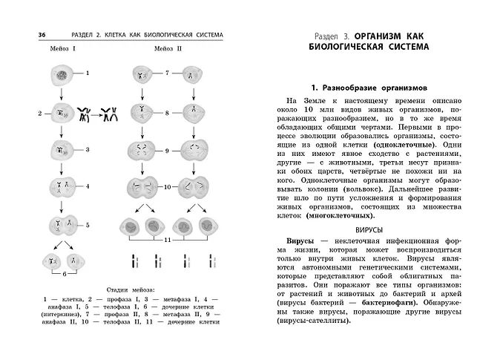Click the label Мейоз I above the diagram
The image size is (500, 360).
(x=62, y=49)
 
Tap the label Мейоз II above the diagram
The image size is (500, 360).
(x=170, y=49)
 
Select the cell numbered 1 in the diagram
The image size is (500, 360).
(x=61, y=74)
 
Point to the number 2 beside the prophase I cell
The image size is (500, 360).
(x=39, y=114)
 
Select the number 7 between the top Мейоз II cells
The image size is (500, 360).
(x=168, y=73)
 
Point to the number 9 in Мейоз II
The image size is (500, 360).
(x=168, y=151)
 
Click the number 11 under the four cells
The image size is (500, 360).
(x=168, y=241)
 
